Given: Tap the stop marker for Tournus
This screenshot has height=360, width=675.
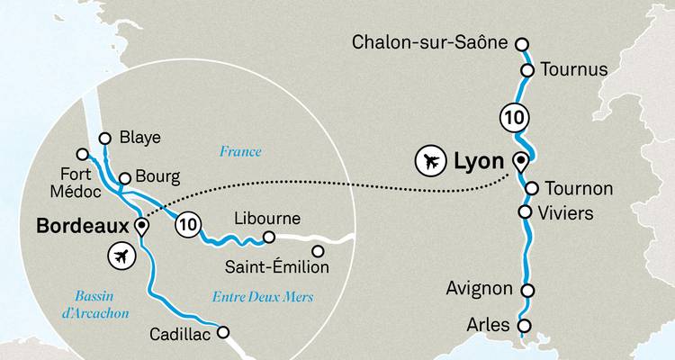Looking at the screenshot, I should click(x=528, y=69).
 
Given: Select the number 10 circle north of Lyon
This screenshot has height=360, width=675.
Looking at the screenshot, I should click(x=511, y=117).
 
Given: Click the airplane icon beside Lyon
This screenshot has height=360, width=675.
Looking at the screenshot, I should click(x=429, y=163).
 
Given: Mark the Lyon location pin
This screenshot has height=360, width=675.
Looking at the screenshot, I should click(x=520, y=162).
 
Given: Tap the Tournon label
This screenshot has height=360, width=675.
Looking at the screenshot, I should click(x=580, y=189).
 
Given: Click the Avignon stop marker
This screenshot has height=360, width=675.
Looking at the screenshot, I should click(x=528, y=290).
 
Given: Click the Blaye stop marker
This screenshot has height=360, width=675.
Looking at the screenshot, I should click(x=105, y=138).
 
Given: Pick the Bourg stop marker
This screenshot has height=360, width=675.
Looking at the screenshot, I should click(x=125, y=177).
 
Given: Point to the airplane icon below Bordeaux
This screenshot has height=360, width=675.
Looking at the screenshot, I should click(x=119, y=256).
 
